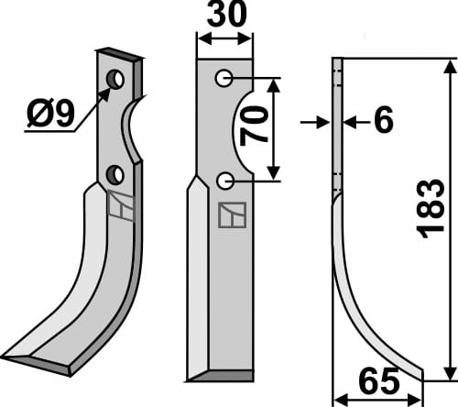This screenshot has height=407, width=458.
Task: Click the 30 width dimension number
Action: pos(225,17)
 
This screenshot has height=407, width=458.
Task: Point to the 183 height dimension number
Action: pos(431,209)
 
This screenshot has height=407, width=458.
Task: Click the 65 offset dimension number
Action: pos(376,379)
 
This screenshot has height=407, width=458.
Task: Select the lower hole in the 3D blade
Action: pos(114,173)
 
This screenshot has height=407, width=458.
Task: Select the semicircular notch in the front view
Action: pos(243,129)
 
